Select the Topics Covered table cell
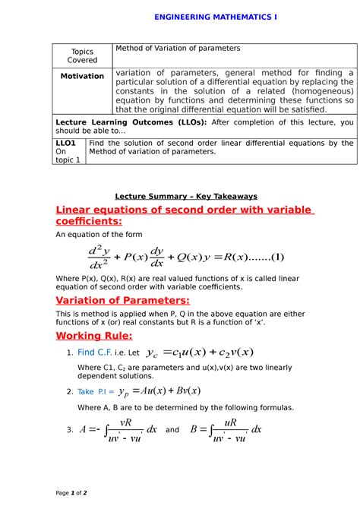[x=82, y=55]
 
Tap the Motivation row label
[x=82, y=76]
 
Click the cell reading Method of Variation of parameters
[x=177, y=49]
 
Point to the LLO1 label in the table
[x=67, y=143]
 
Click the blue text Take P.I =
[x=96, y=392]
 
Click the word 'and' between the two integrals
[x=172, y=430]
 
